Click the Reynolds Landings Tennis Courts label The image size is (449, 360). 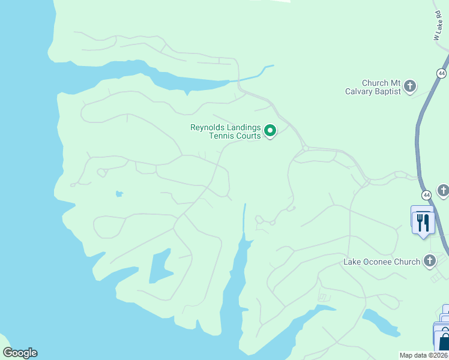point(226,131)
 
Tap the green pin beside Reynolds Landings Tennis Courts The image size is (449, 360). point(270,130)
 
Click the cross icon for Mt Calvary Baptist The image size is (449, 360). point(411,86)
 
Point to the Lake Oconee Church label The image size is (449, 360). point(381,262)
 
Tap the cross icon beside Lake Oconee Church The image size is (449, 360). point(430,260)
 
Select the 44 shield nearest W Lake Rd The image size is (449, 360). point(442,73)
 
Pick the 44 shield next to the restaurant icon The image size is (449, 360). point(426,196)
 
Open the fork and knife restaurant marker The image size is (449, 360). point(423,222)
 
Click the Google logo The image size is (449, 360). point(20,353)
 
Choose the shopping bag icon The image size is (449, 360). point(444,343)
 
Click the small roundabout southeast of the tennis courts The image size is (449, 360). point(305,148)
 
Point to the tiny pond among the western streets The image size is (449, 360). point(119,194)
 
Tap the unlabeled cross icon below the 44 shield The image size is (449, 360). point(444,191)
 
